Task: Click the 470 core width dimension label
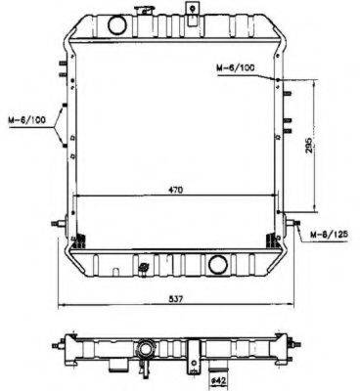[x=176, y=190]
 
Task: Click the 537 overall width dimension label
[x=176, y=298]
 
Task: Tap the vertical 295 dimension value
[x=310, y=145]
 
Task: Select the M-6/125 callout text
[x=329, y=234]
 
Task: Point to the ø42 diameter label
[x=220, y=380]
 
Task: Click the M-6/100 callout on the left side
[x=26, y=119]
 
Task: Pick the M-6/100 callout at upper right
[x=236, y=67]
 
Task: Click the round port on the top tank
[x=117, y=25]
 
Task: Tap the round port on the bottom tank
[x=218, y=265]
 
